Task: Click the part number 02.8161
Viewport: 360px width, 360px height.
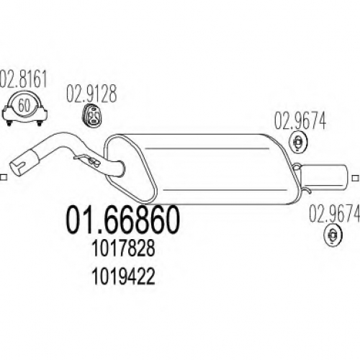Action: point(23,79)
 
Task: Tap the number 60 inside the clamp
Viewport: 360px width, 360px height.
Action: point(24,105)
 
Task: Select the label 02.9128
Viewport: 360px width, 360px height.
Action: point(91,94)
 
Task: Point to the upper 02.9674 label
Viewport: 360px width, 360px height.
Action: point(300,121)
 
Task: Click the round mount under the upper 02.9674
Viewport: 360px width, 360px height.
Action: point(298,143)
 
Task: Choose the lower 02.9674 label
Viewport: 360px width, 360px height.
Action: point(334,214)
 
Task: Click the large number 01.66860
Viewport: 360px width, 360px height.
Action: point(122,220)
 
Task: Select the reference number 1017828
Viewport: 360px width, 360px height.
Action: point(123,249)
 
